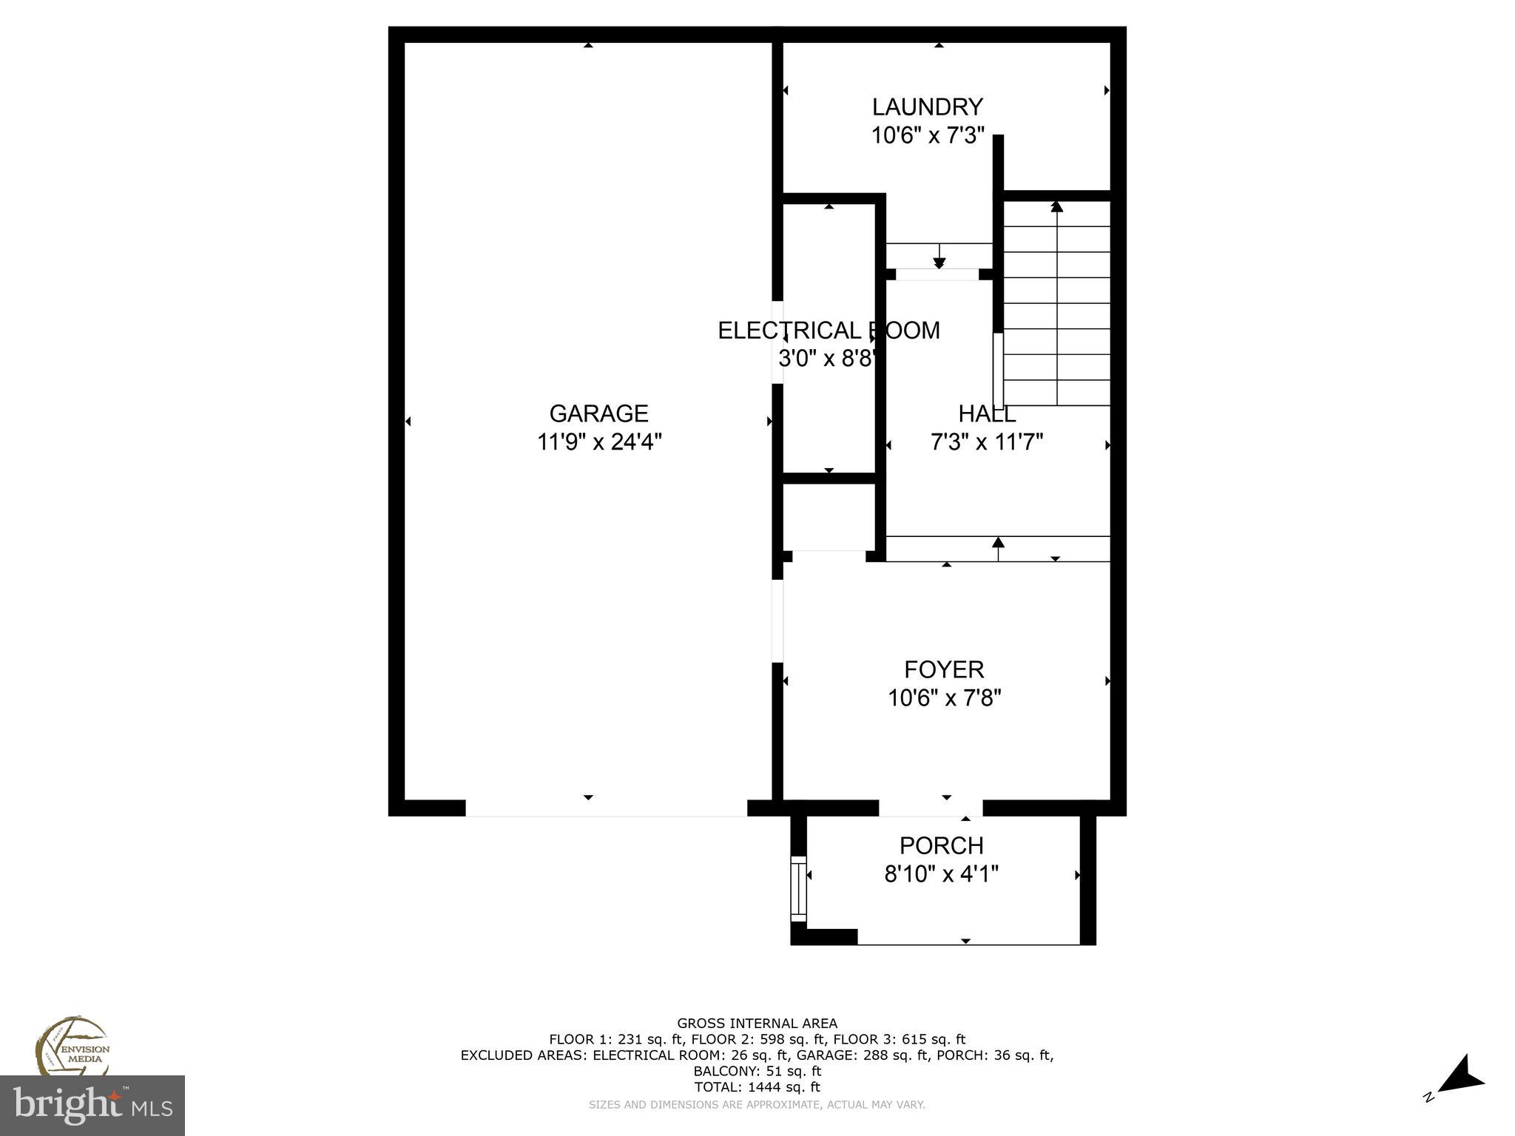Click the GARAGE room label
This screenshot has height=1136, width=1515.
(598, 413)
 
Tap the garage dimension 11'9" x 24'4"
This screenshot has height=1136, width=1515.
(598, 442)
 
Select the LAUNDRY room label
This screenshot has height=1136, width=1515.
(927, 107)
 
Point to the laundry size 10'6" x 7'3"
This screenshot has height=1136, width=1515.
(927, 136)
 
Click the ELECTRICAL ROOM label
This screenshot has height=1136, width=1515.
(829, 330)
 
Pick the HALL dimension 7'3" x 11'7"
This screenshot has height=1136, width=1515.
(986, 442)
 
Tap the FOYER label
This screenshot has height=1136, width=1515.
(944, 669)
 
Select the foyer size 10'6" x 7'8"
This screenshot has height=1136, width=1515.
(944, 698)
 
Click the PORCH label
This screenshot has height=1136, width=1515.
(941, 845)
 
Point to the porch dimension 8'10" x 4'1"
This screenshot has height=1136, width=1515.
(941, 874)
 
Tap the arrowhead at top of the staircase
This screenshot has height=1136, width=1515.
(1056, 206)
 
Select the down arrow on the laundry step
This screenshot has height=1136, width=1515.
(939, 262)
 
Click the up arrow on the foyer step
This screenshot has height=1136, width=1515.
(998, 543)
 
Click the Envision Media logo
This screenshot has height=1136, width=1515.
(72, 1047)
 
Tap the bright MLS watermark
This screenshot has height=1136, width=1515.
(92, 1105)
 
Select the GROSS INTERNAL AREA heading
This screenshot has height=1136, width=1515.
(757, 1024)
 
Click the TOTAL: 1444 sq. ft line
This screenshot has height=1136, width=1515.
(757, 1087)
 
